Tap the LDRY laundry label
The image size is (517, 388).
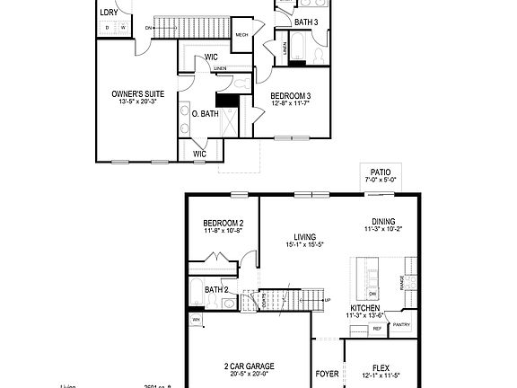pyautogui.click(x=109, y=13)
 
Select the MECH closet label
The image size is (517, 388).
pyautogui.click(x=241, y=35)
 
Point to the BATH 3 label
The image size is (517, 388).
pyautogui.click(x=306, y=21)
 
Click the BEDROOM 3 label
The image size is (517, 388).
pyautogui.click(x=290, y=96)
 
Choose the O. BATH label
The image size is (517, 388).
pyautogui.click(x=206, y=113)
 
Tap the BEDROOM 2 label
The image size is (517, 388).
pyautogui.click(x=223, y=223)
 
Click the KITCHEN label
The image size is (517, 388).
pyautogui.click(x=364, y=307)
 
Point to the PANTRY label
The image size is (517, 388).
pyautogui.click(x=401, y=325)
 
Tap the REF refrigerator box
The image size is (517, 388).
pyautogui.click(x=377, y=330)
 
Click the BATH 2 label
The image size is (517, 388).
pyautogui.click(x=216, y=289)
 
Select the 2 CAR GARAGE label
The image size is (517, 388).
pyautogui.click(x=249, y=366)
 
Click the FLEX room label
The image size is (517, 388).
pyautogui.click(x=381, y=366)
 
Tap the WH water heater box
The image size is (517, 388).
pyautogui.click(x=196, y=319)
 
